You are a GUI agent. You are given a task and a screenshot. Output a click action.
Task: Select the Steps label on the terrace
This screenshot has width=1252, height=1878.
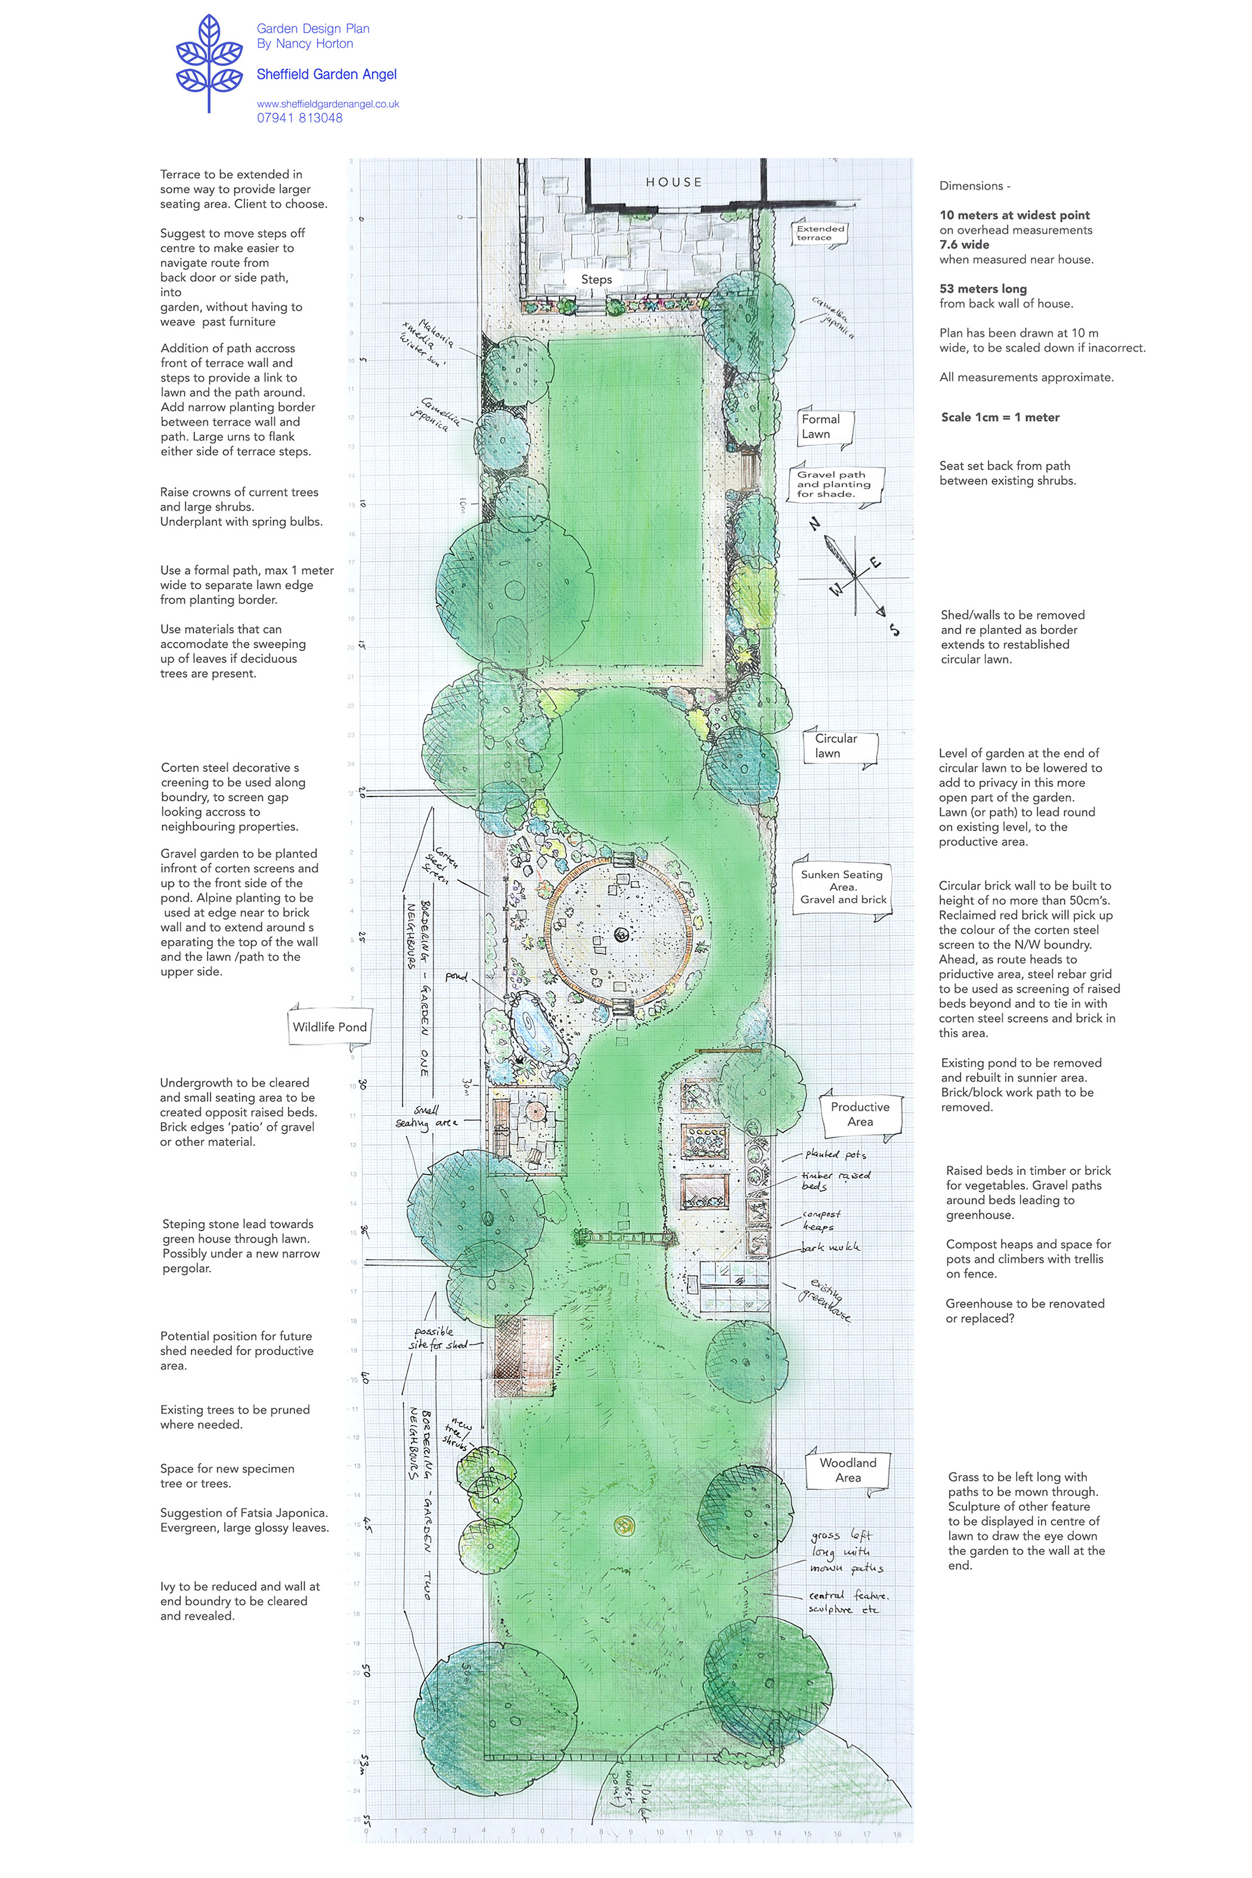point(596,280)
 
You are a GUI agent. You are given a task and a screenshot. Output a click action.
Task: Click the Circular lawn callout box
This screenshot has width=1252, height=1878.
point(838,746)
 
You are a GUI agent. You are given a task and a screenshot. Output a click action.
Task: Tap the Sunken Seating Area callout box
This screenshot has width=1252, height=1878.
point(843,887)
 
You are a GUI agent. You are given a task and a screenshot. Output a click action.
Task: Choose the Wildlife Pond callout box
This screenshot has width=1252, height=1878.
point(329,1027)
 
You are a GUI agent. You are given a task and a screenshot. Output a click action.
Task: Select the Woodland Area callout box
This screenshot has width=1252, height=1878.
point(847,1470)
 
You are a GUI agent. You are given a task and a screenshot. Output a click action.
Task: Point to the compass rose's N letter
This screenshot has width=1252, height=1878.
point(815,525)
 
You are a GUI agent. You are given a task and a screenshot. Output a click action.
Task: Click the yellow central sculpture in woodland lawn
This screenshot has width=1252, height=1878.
point(623,1525)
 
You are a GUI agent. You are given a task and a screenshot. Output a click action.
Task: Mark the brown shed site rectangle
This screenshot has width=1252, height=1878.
point(523,1355)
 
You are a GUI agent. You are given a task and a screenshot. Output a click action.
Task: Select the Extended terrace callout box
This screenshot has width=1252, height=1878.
point(820,233)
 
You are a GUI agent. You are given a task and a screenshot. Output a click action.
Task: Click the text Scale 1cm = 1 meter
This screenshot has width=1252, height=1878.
point(1000,417)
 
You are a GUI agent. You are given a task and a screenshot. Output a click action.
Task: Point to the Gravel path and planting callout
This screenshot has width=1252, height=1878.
point(833,484)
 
